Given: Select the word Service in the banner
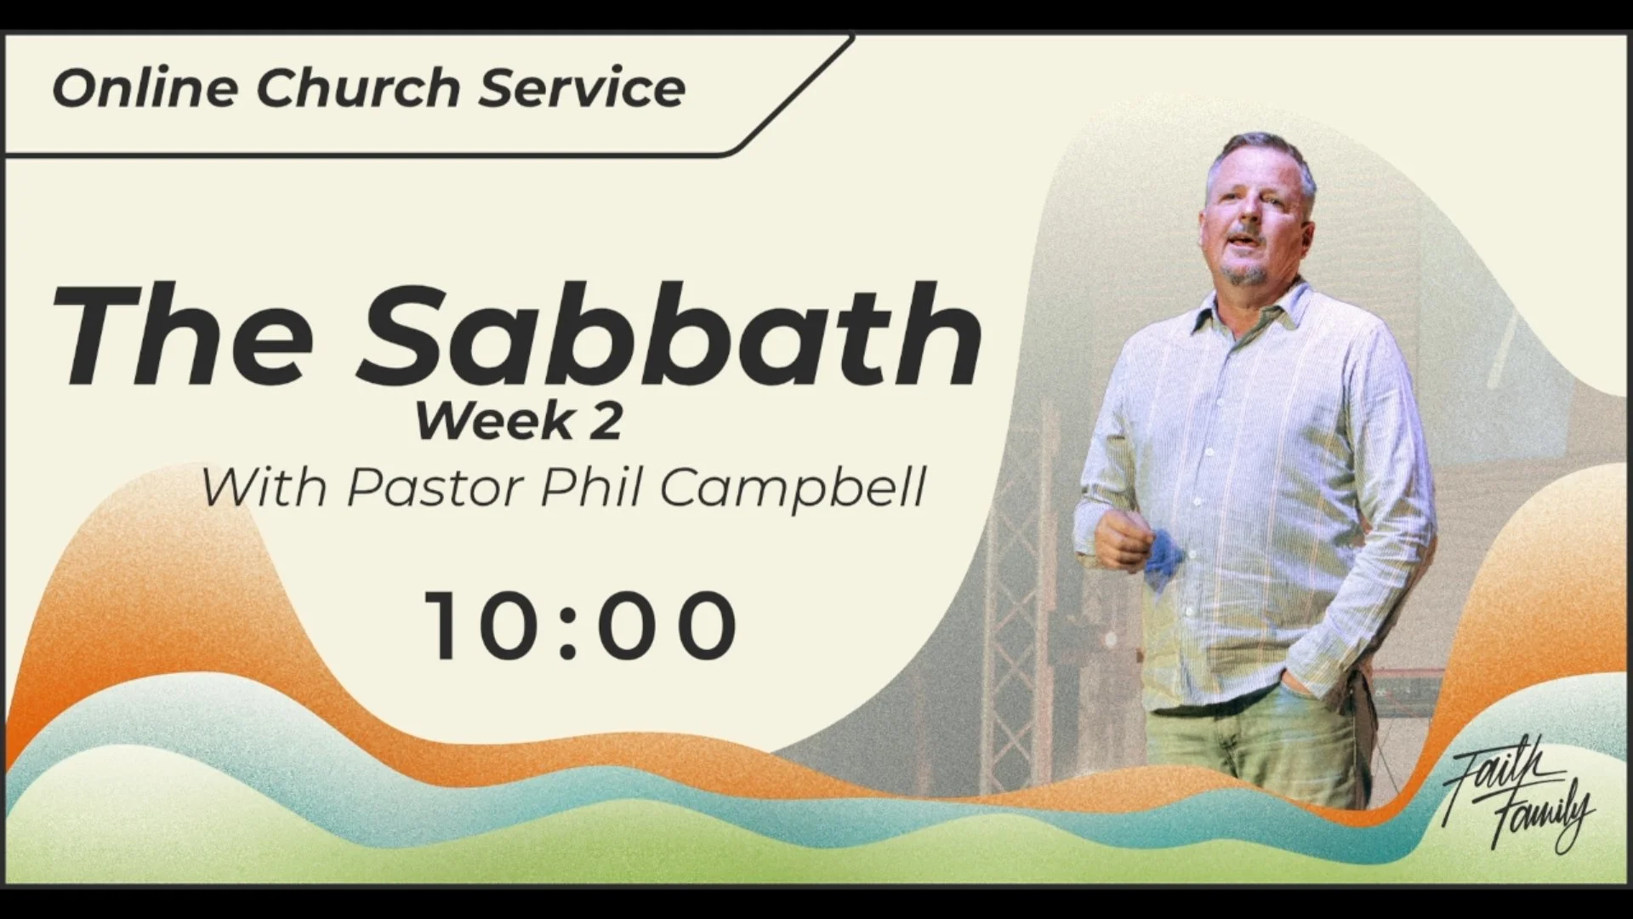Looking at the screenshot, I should [582, 88].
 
